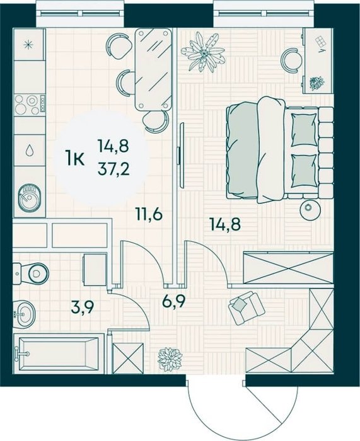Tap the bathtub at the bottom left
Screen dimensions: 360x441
(x=59, y=353)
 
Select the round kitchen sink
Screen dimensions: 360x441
(x=29, y=197)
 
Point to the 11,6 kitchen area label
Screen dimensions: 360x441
(x=149, y=215)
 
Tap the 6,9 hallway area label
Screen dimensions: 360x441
(x=173, y=302)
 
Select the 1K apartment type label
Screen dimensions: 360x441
(x=74, y=158)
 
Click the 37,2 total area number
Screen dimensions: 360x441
(x=113, y=169)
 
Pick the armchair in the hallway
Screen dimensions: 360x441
(x=247, y=307)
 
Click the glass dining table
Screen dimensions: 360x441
(x=153, y=69)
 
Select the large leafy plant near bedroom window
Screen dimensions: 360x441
(x=203, y=52)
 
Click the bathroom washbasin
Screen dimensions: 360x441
(x=24, y=314)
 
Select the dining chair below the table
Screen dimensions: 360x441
(x=155, y=121)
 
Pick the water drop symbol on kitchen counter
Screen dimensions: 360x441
(x=29, y=150)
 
